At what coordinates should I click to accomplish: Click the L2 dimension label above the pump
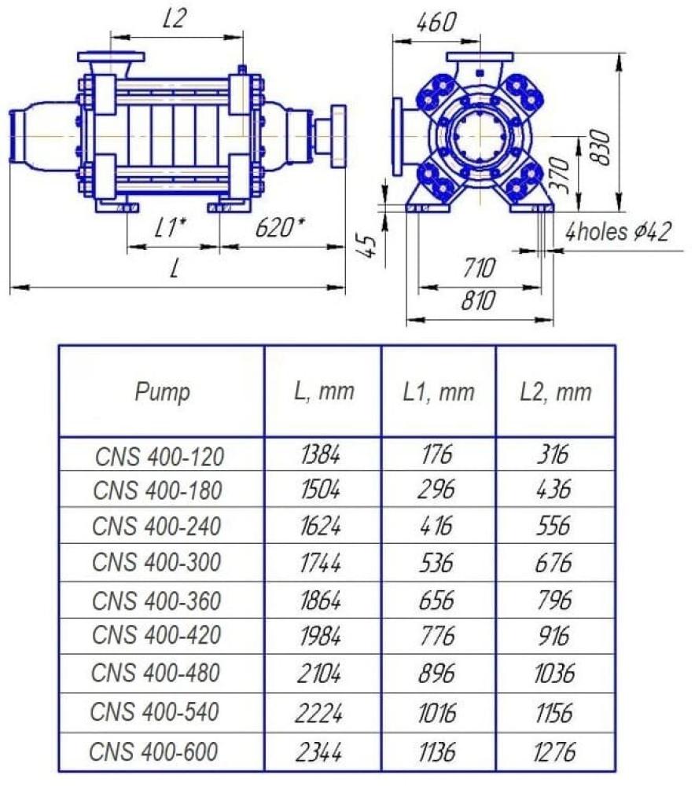pyautogui.click(x=175, y=19)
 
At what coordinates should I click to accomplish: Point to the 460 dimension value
pyautogui.click(x=437, y=22)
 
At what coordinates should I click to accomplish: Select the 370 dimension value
pyautogui.click(x=560, y=174)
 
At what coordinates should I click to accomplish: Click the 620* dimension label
pyautogui.click(x=280, y=227)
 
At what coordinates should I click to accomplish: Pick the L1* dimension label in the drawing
pyautogui.click(x=171, y=228)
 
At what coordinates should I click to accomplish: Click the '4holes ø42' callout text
pyautogui.click(x=618, y=232)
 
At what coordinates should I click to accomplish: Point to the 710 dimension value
pyautogui.click(x=479, y=267)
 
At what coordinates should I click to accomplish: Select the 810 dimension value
pyautogui.click(x=478, y=300)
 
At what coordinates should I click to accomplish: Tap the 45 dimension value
pyautogui.click(x=370, y=246)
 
